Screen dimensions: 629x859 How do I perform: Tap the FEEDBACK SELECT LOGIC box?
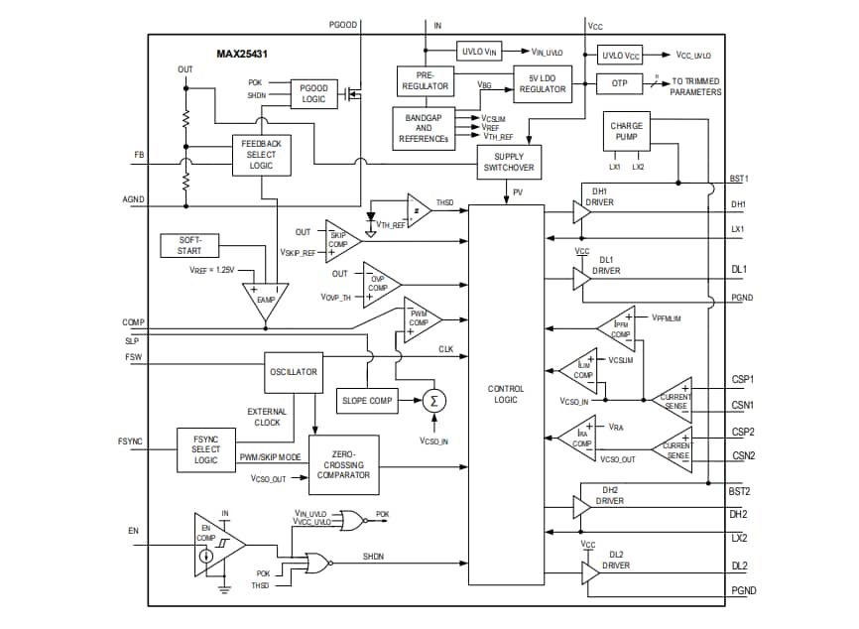click(x=261, y=155)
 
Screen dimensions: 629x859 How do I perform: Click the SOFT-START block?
click(x=189, y=245)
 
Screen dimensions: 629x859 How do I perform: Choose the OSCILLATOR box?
click(x=294, y=372)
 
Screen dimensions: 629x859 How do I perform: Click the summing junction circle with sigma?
click(x=432, y=401)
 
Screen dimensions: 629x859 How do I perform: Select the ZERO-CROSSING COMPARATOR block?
click(x=344, y=463)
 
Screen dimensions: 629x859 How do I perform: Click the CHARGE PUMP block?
click(x=626, y=133)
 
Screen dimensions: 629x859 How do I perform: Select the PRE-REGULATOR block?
click(x=424, y=80)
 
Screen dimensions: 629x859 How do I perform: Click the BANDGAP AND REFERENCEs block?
click(x=424, y=128)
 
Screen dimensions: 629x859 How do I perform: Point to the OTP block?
click(x=620, y=84)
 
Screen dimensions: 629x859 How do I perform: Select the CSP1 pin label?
click(x=743, y=379)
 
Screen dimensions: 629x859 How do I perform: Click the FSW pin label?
click(x=133, y=357)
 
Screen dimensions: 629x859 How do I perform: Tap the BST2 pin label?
click(x=738, y=491)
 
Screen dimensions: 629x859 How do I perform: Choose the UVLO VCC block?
click(x=620, y=56)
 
